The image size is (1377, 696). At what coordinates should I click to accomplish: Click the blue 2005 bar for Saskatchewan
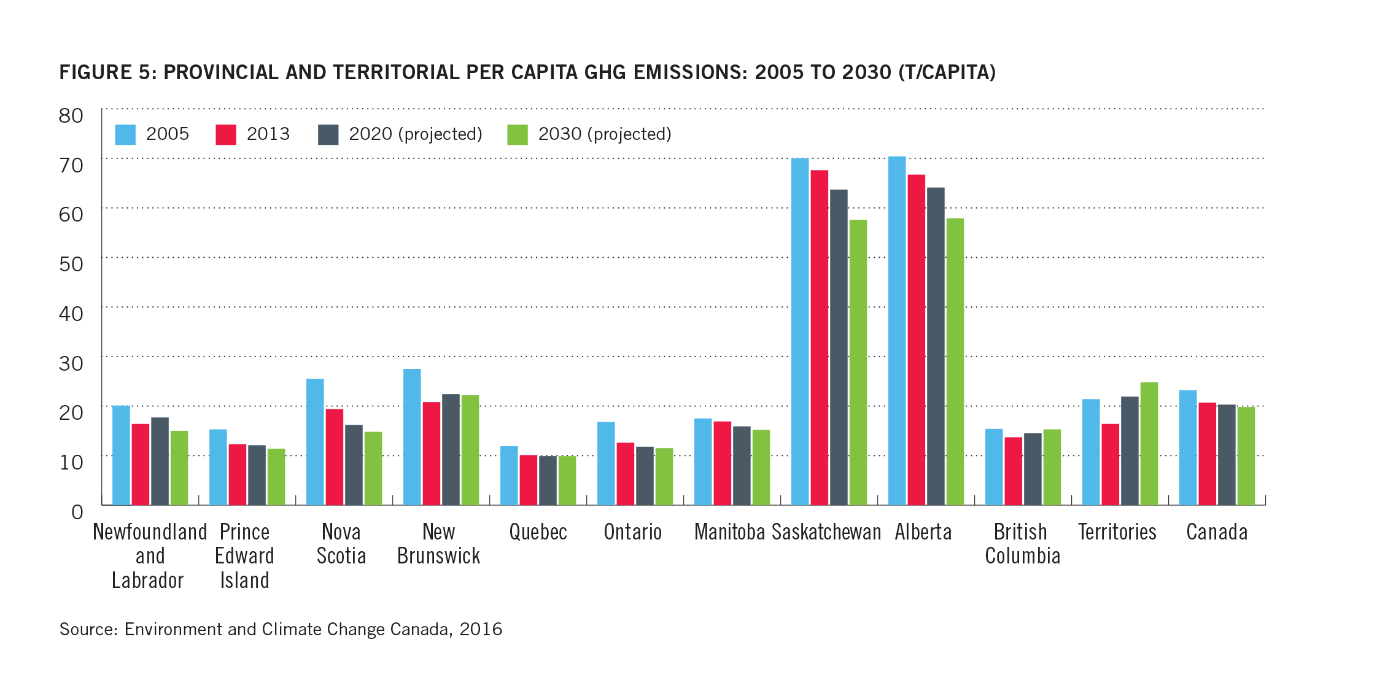[x=800, y=331]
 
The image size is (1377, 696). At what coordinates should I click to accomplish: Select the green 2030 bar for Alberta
[x=955, y=362]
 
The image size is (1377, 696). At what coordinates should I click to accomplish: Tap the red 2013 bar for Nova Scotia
[x=335, y=457]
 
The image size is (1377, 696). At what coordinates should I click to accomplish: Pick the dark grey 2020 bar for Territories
[x=1130, y=450]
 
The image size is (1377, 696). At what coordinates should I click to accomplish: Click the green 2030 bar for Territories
[x=1149, y=444]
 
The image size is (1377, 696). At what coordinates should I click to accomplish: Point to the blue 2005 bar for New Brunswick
[x=412, y=437]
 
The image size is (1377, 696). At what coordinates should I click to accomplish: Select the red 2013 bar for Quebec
[x=529, y=480]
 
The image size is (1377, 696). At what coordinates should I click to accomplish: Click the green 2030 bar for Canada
[x=1246, y=456]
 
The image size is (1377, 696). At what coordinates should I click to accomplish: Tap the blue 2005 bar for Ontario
[x=606, y=463]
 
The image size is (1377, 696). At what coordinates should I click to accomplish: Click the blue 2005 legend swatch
[x=125, y=134]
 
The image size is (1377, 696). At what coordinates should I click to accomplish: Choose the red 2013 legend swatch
[x=226, y=134]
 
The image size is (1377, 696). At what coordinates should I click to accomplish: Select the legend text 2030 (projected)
[x=605, y=134]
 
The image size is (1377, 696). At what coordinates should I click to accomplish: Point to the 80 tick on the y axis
[x=71, y=115]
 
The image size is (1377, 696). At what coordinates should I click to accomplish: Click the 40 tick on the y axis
[x=71, y=314]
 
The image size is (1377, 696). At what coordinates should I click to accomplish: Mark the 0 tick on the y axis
[x=77, y=512]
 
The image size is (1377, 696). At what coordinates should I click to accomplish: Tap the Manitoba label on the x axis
[x=729, y=532]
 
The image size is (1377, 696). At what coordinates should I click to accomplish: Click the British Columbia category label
[x=1022, y=544]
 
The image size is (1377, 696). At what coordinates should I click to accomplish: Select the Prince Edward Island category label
[x=244, y=555]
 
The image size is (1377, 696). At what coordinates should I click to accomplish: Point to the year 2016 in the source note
[x=481, y=629]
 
